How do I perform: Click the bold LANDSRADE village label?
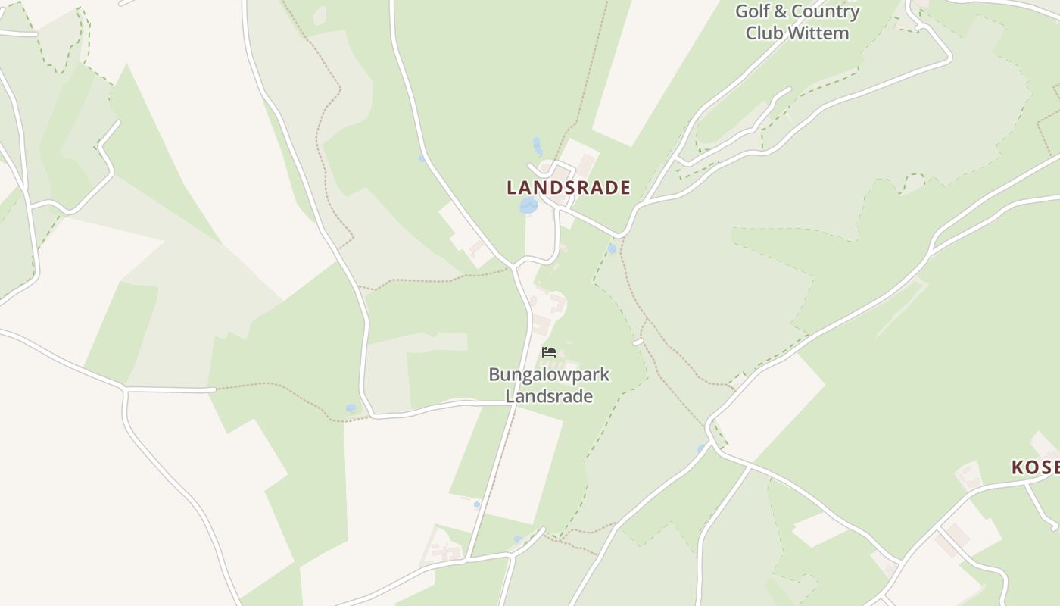point(568,188)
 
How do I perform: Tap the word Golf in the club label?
point(753,11)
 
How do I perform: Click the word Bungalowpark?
point(549,374)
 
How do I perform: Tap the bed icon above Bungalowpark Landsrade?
point(549,352)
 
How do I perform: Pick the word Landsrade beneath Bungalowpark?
point(549,396)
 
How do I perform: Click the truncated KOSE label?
point(1035,467)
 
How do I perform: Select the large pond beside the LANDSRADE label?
point(528,205)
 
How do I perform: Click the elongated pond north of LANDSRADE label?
point(538,145)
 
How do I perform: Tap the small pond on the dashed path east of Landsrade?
point(612,248)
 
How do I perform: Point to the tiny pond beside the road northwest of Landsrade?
point(422,158)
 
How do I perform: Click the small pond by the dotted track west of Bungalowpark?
point(351,408)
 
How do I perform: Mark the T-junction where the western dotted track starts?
point(215,389)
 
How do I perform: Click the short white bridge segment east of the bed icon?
point(638,342)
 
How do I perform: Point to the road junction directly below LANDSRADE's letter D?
point(559,205)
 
